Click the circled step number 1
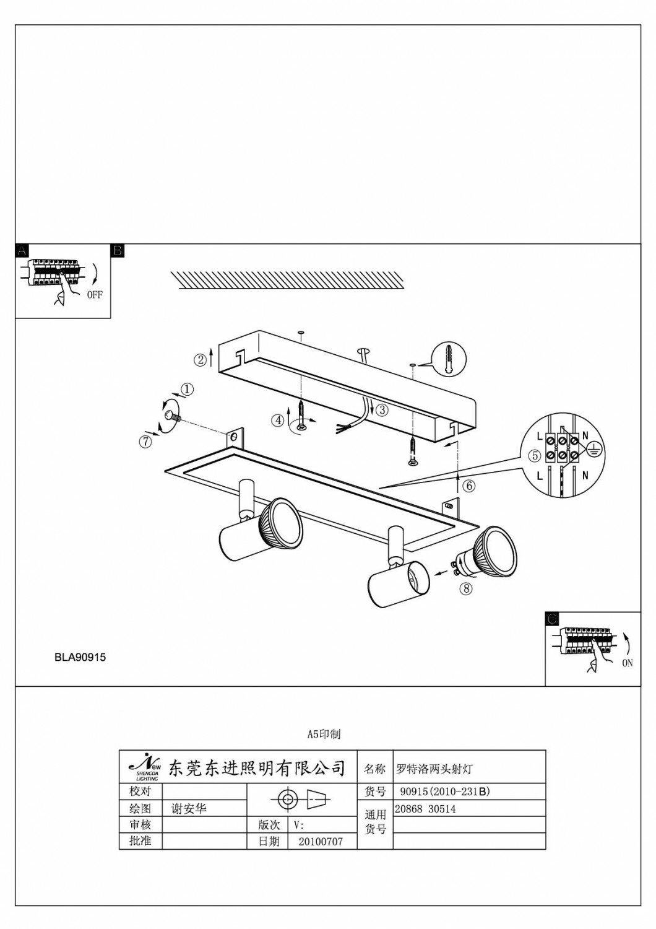(187, 390)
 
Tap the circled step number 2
(200, 359)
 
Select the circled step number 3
(382, 409)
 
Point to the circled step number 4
(279, 420)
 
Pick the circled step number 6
(468, 486)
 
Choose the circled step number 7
(145, 441)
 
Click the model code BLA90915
(80, 658)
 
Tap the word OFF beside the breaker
(95, 295)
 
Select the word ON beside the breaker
(628, 663)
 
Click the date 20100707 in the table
(320, 842)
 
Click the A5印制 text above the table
(324, 735)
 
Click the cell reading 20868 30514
(425, 808)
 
